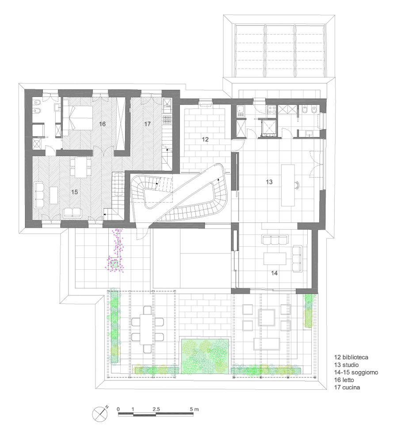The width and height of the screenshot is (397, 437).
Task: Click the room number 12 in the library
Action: coord(205,139)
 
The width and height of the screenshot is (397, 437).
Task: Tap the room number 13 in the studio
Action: coord(269,182)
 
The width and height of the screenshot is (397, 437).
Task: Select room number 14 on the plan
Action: coord(275,273)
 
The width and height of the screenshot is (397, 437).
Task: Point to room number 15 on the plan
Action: coord(74,192)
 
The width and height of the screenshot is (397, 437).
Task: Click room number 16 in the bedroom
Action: coord(102,124)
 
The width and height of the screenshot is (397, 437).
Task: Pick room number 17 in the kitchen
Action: coord(147,124)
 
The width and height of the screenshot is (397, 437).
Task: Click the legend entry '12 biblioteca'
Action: coord(351,357)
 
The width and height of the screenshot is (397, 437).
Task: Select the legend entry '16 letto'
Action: coord(344,380)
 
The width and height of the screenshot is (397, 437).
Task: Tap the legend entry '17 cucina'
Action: coord(347,387)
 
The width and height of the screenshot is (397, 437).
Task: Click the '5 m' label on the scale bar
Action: coord(194,410)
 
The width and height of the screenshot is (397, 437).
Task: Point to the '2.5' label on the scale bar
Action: coord(157,410)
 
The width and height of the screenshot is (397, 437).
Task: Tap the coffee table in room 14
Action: coord(275,259)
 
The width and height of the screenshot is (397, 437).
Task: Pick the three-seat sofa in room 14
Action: coord(275,240)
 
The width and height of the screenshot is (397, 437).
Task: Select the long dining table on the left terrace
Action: coord(146,329)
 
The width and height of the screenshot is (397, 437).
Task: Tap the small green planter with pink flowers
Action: coord(114,264)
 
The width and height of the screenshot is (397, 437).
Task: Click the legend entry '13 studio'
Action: coord(346,365)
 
